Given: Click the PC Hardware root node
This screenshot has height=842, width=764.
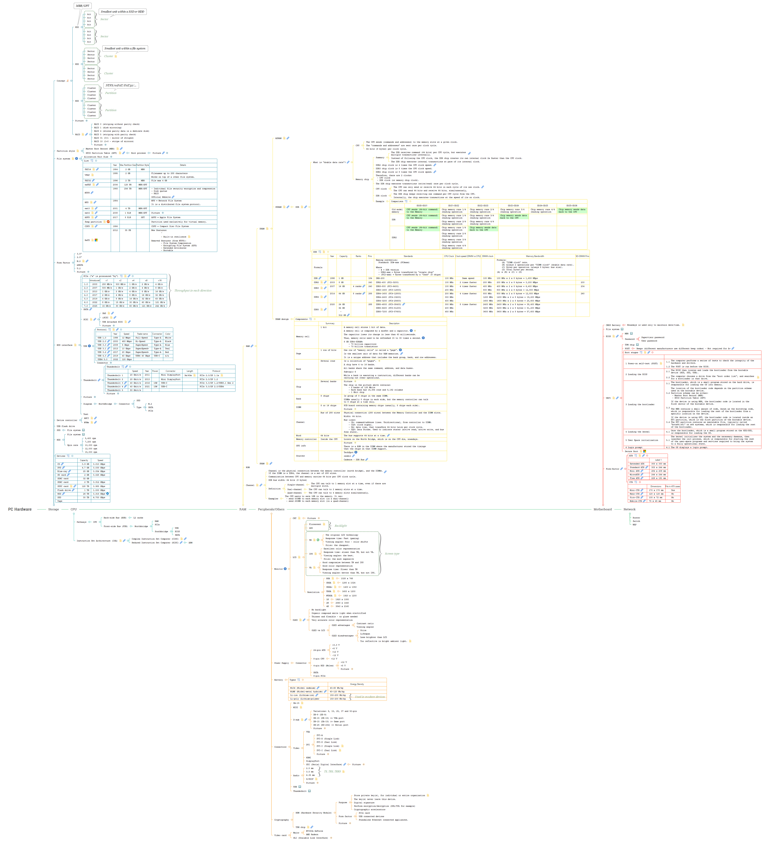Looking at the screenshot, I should click(20, 509).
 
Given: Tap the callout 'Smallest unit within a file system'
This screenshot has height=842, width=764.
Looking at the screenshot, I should click(125, 48).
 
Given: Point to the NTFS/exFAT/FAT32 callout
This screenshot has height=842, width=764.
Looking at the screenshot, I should click(121, 85).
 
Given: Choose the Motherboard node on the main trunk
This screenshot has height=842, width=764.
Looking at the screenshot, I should click(602, 509).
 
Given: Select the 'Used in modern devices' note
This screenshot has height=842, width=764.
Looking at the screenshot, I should click(370, 697).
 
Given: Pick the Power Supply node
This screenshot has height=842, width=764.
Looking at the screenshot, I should click(281, 663).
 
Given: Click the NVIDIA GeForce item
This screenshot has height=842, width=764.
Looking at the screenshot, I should click(314, 831).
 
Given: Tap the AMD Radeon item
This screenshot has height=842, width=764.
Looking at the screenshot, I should click(312, 834).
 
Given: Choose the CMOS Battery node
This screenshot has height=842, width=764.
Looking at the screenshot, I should click(613, 325).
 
